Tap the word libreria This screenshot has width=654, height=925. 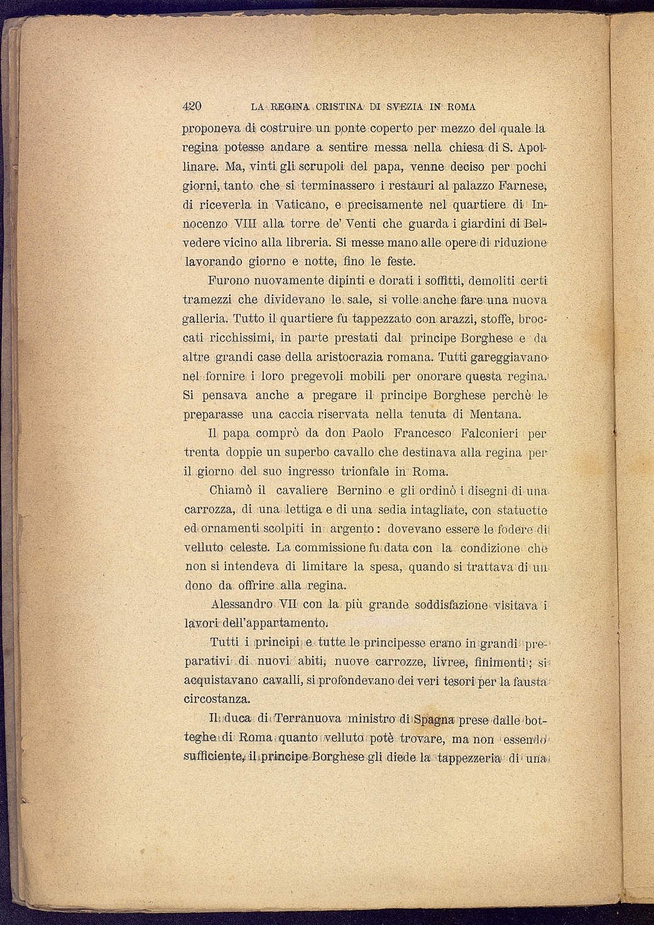tap(303, 243)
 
